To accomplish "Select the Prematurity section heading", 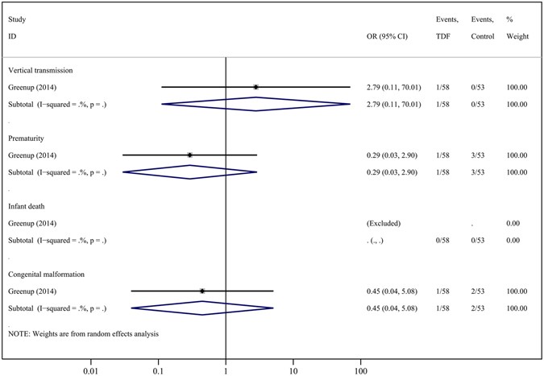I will click(27, 138).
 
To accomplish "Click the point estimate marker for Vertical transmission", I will click(255, 87).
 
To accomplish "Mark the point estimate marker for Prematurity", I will click(189, 155).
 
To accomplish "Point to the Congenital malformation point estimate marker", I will click(202, 291).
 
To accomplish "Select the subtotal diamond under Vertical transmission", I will click(255, 104).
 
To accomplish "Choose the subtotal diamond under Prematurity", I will click(189, 172).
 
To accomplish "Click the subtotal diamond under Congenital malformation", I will click(202, 308).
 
